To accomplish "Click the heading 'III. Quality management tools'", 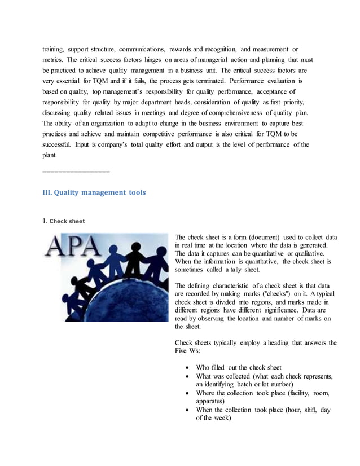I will (x=94, y=192).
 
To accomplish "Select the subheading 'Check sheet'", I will (x=67, y=221).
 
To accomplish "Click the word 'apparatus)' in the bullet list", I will (x=212, y=401).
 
